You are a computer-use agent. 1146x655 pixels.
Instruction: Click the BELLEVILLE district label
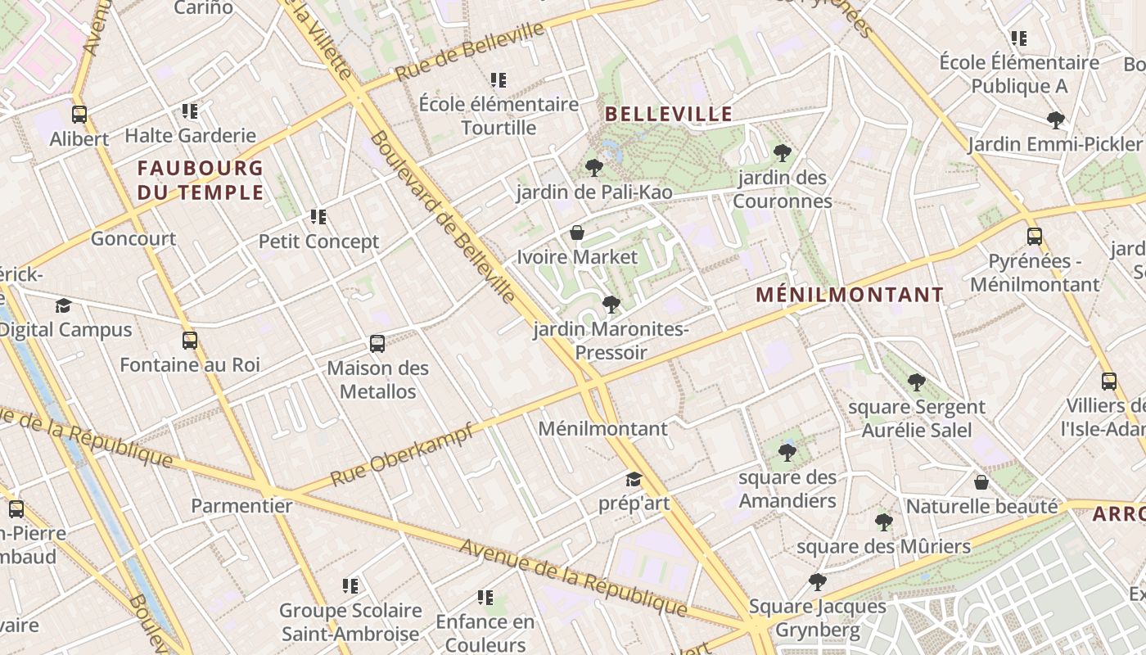[x=669, y=114]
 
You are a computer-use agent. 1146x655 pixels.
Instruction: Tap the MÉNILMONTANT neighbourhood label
[x=849, y=295]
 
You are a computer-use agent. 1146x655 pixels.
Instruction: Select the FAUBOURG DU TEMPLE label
[x=201, y=180]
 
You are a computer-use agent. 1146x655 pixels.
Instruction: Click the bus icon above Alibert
[x=79, y=115]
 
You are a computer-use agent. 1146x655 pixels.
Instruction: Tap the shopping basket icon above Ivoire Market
[x=577, y=233]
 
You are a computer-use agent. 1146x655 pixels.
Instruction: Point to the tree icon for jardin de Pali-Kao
[x=594, y=168]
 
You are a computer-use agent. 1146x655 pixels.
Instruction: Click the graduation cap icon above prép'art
[x=634, y=479]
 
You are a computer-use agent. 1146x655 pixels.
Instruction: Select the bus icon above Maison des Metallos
[x=377, y=344]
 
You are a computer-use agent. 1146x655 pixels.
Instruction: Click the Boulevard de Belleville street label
[x=442, y=217]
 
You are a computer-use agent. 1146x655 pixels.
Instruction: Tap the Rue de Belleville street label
[x=470, y=52]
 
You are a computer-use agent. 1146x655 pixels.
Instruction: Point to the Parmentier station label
[x=241, y=506]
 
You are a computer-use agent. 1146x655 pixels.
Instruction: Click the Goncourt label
[x=133, y=239]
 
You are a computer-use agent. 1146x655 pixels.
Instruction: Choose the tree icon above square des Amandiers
[x=787, y=452]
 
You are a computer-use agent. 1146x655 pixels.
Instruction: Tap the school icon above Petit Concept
[x=318, y=217]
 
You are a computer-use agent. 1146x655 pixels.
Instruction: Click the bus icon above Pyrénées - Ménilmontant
[x=1035, y=237]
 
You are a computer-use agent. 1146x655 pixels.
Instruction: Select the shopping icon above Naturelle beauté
[x=981, y=482]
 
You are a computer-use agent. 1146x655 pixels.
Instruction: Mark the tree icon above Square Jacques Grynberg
[x=817, y=582]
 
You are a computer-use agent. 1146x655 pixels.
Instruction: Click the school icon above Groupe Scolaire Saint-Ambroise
[x=350, y=586]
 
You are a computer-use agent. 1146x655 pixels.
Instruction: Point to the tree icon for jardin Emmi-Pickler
[x=1056, y=120]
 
